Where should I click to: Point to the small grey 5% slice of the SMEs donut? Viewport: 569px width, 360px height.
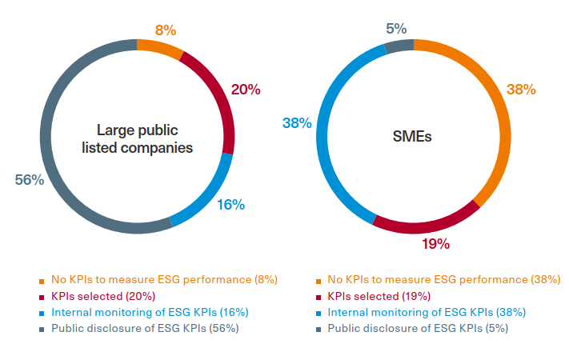(x=398, y=46)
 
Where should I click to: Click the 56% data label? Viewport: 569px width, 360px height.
(x=29, y=180)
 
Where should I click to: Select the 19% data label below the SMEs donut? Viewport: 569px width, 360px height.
(x=436, y=243)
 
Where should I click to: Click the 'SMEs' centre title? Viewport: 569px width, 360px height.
(x=412, y=136)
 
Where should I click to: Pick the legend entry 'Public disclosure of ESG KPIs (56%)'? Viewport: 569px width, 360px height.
(x=145, y=328)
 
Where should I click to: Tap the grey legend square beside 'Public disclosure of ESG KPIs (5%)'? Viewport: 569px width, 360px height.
(x=319, y=329)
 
